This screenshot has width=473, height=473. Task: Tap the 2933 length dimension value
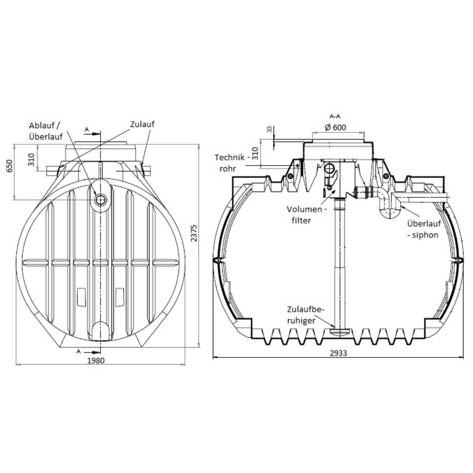pyautogui.click(x=338, y=353)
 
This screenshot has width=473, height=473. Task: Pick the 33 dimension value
pyautogui.click(x=269, y=130)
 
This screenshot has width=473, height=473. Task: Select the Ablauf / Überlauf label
pyautogui.click(x=46, y=131)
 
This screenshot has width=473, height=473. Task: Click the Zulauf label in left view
pyautogui.click(x=142, y=124)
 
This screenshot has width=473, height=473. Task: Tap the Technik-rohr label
pyautogui.click(x=232, y=163)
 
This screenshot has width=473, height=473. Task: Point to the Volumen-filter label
pyautogui.click(x=306, y=215)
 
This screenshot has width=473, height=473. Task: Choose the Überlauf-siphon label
pyautogui.click(x=424, y=229)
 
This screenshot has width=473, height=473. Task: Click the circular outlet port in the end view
pyautogui.click(x=101, y=200)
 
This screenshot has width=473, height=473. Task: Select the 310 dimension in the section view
pyautogui.click(x=255, y=154)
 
